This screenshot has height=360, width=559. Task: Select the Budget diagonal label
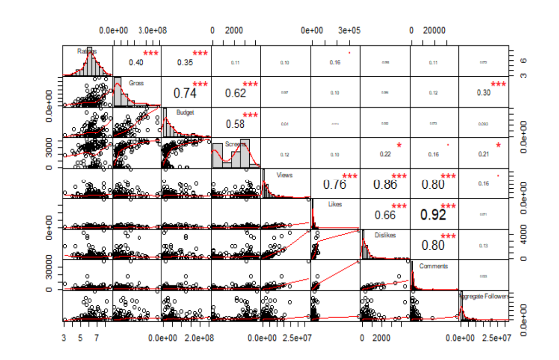coord(184,112)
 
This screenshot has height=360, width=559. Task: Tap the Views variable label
coord(284,173)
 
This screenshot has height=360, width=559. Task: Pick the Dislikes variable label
coord(384,234)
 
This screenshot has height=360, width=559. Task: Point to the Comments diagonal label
coord(433,265)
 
